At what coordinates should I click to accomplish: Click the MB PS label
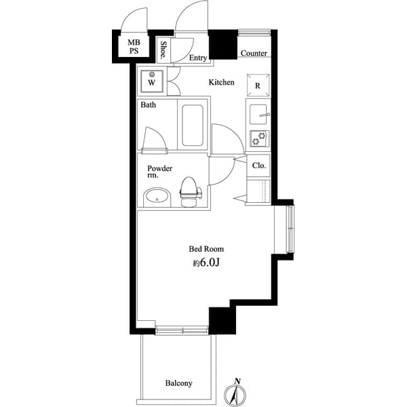tap(134, 46)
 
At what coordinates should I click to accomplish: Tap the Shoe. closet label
tap(164, 50)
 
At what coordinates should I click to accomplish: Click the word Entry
tap(197, 58)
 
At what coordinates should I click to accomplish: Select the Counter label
tap(253, 53)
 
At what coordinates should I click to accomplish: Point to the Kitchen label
tap(221, 82)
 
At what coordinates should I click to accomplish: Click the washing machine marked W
tap(152, 82)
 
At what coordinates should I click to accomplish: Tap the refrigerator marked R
tap(258, 85)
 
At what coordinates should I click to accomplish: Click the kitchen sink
tap(258, 115)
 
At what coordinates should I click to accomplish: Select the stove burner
tap(258, 138)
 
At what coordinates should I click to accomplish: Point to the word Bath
tap(148, 105)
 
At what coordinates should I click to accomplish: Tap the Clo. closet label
tap(258, 165)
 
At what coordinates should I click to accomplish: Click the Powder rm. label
tap(159, 172)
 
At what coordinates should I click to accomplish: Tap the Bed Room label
tap(206, 249)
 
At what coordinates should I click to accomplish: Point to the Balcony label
tap(178, 383)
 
